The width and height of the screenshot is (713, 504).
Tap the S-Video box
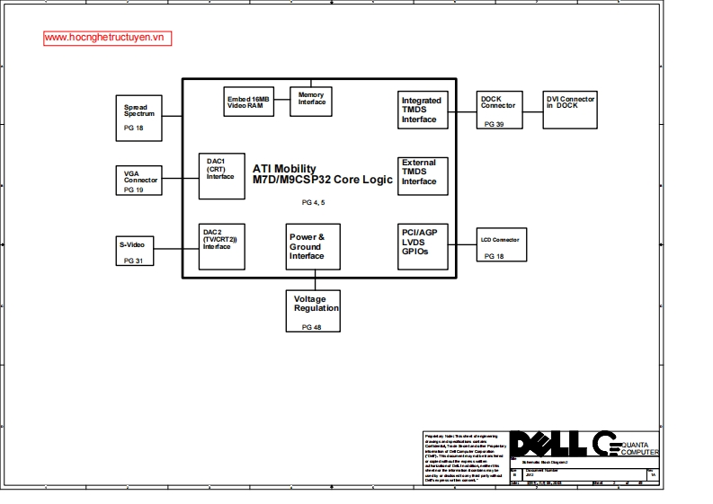click(x=135, y=249)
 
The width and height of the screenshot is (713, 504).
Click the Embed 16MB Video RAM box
click(x=247, y=102)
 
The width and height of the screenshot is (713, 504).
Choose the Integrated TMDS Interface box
click(x=422, y=111)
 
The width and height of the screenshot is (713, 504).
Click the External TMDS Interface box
click(x=422, y=174)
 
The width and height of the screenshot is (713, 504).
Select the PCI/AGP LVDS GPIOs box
click(x=422, y=246)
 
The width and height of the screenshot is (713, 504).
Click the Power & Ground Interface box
click(x=313, y=246)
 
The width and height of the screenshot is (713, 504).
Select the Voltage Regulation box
click(x=313, y=311)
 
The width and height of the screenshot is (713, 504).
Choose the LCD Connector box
click(x=501, y=246)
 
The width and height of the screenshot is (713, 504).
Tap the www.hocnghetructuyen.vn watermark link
click(x=107, y=39)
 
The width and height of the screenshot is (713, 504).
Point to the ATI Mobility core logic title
click(x=322, y=174)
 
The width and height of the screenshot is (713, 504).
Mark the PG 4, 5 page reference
click(x=313, y=203)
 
